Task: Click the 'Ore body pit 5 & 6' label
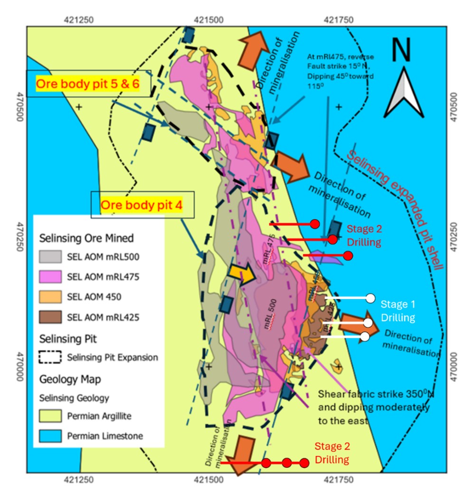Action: tap(88, 84)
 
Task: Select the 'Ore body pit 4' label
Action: tap(142, 205)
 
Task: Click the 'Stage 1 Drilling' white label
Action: tap(398, 311)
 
